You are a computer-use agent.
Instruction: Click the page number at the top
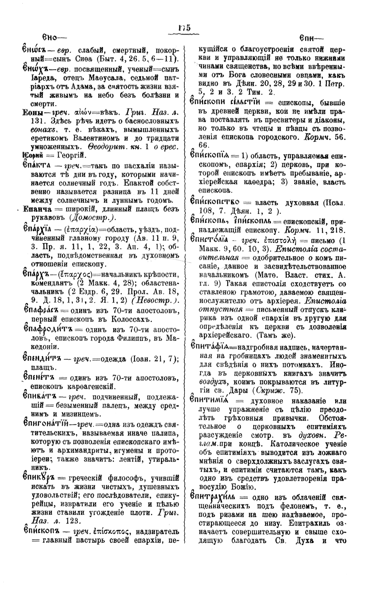184,28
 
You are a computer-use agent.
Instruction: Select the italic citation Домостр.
92,217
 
